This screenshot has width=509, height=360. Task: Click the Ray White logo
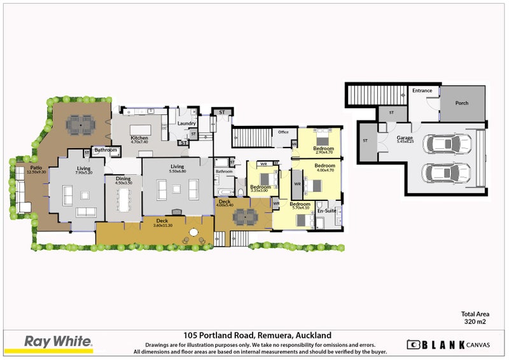(x=58, y=342)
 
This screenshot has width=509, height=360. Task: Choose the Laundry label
(x=186, y=123)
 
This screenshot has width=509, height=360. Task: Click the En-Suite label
(x=326, y=210)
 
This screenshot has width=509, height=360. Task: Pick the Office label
(x=283, y=132)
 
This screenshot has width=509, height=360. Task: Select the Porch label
(x=461, y=103)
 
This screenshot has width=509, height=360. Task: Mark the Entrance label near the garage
(x=422, y=91)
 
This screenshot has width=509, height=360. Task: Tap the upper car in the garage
(x=447, y=144)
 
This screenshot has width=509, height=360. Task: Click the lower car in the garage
(x=447, y=172)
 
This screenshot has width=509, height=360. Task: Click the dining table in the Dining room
(x=123, y=198)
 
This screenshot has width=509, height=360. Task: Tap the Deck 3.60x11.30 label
(x=162, y=223)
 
